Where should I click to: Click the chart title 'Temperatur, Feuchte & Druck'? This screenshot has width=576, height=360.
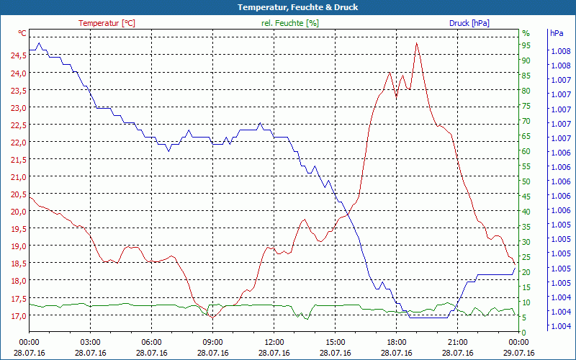[x=288, y=7]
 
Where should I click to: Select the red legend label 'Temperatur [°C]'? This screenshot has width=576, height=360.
[x=107, y=23]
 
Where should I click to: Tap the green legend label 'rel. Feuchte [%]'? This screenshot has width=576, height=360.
[x=290, y=23]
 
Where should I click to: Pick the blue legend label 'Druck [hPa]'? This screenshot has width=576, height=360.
[x=469, y=23]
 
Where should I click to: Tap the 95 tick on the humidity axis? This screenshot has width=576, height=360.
[x=526, y=45]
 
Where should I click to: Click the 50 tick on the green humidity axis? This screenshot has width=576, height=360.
[x=526, y=181]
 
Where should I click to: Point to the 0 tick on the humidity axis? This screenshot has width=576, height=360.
[x=524, y=332]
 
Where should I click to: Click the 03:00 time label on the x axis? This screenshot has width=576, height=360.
[x=90, y=343]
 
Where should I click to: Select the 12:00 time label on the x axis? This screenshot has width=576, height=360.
[x=274, y=343]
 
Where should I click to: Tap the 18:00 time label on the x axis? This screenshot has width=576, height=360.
[x=397, y=343]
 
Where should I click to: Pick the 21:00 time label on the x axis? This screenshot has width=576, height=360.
[x=458, y=343]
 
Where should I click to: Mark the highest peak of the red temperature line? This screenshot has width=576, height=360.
[x=416, y=43]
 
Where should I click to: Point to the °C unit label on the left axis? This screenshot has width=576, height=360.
[x=22, y=33]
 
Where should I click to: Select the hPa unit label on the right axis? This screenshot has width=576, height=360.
[x=557, y=33]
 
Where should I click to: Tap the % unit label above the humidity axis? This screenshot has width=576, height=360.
[x=526, y=33]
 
